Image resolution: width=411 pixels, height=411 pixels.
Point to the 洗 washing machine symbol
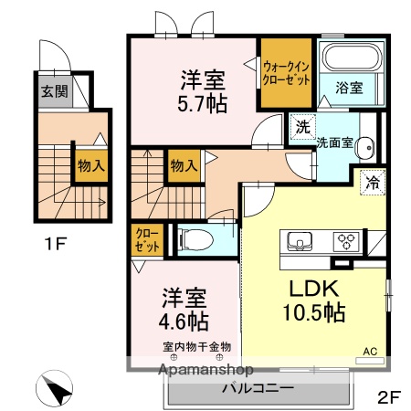tap(302, 127)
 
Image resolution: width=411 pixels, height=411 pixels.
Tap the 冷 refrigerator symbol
tap(373, 182)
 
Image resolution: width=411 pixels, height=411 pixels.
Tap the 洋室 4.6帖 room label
tap(185, 310)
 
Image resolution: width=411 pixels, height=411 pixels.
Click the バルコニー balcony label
tap(258, 387)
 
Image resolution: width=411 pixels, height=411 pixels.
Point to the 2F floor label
tap(390, 397)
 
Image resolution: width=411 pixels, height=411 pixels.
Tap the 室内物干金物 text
tap(198, 346)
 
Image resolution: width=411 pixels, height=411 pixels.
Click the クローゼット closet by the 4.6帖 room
tap(145, 241)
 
